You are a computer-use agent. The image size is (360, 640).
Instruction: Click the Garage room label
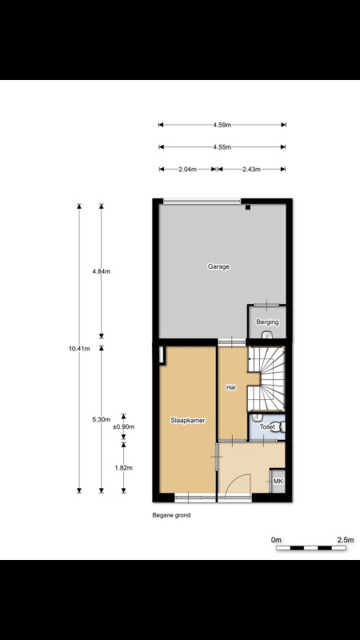(x=218, y=266)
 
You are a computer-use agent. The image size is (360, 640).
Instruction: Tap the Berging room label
(x=267, y=322)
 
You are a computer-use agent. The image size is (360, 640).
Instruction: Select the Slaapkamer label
(x=187, y=420)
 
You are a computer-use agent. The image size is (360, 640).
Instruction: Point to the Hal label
(x=231, y=388)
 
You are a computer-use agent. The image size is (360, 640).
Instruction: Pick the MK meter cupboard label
(x=278, y=482)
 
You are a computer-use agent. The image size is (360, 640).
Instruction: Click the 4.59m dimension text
(x=222, y=125)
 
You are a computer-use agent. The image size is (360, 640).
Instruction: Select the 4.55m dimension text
(x=222, y=147)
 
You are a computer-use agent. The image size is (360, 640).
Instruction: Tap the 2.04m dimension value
(x=188, y=170)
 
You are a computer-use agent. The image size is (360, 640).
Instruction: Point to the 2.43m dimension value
(x=251, y=170)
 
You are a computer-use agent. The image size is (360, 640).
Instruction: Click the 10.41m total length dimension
(x=79, y=348)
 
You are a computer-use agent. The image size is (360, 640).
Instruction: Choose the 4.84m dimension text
(x=102, y=271)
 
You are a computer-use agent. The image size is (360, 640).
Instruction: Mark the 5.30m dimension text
(x=102, y=419)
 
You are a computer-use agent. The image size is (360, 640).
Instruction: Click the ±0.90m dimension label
(x=123, y=427)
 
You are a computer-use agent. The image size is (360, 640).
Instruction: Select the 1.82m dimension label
(x=123, y=468)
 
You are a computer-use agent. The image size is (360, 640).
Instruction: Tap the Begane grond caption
(x=171, y=515)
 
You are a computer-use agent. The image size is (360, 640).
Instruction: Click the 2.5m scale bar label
(x=346, y=539)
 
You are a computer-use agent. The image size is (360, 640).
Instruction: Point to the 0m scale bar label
(x=276, y=539)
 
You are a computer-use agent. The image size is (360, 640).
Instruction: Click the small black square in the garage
(x=248, y=207)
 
